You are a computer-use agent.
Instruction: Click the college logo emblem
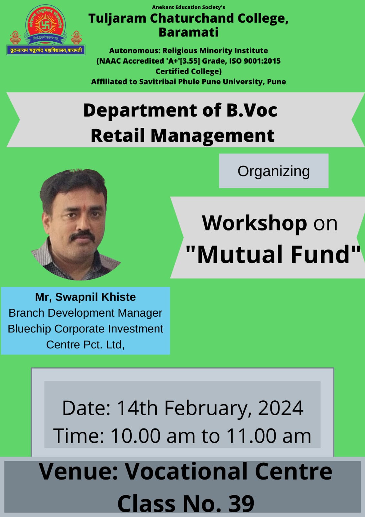(x=46, y=30)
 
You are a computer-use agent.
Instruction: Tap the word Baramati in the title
(x=188, y=32)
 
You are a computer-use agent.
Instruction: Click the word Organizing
(x=273, y=172)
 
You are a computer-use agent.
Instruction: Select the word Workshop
(x=254, y=223)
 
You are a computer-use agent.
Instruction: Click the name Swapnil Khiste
(x=96, y=297)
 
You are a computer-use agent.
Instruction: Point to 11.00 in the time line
(x=251, y=436)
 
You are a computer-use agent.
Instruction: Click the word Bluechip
(x=29, y=329)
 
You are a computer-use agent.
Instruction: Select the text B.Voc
(x=251, y=110)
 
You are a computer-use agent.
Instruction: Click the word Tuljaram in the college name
(x=117, y=18)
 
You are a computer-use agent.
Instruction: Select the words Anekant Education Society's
(x=188, y=7)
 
